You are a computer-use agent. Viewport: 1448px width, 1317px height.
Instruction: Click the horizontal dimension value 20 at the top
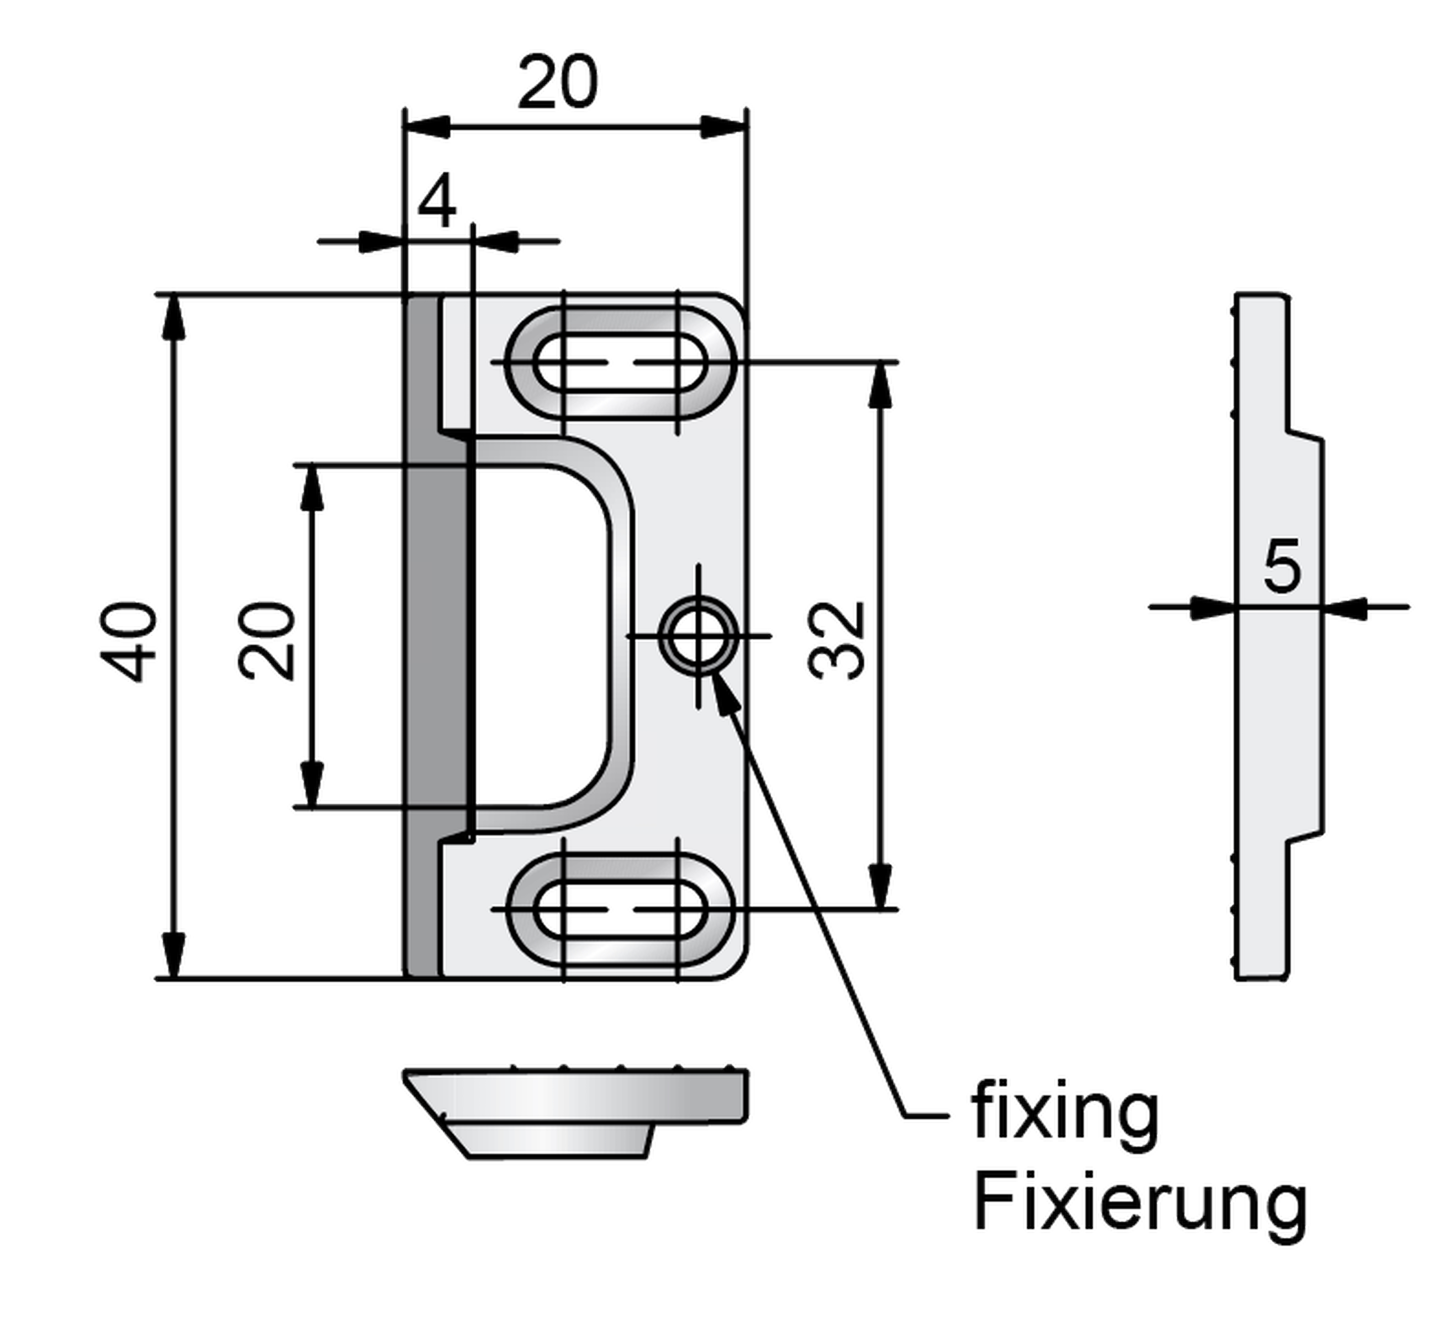click(557, 83)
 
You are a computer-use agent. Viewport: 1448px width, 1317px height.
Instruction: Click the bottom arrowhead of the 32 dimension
click(881, 888)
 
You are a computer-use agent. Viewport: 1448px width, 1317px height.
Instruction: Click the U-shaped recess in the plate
click(539, 636)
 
